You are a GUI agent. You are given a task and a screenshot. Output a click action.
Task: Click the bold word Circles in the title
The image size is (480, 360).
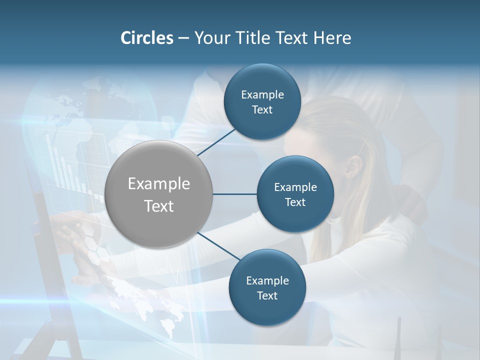pos(146,38)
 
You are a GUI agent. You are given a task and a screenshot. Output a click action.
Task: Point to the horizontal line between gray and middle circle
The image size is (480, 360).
pos(235,194)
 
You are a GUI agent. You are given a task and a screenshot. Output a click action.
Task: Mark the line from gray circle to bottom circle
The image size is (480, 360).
pos(218,246)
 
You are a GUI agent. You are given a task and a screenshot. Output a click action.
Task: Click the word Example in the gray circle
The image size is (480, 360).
pos(159,183)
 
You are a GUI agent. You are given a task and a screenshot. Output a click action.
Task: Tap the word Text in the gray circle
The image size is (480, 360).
pos(159,205)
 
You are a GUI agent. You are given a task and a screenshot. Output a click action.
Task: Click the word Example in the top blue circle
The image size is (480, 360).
pos(262,94)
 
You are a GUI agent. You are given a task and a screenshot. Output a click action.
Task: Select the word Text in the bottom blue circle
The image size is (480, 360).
pos(267,295)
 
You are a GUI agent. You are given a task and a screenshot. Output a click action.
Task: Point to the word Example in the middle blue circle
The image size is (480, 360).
pos(295,187)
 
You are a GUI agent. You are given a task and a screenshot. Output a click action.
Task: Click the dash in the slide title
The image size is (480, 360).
pos(183,38)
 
